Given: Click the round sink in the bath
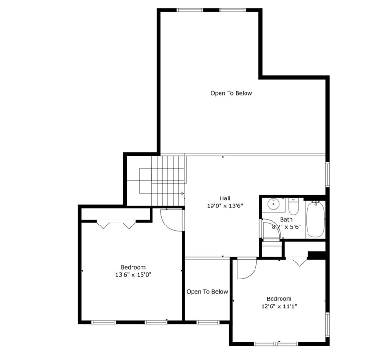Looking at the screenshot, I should (x=273, y=205).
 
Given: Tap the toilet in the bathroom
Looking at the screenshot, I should (x=293, y=207).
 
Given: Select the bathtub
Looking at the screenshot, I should (x=315, y=219).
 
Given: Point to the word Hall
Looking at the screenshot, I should (x=225, y=198).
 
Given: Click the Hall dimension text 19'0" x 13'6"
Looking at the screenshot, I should (x=225, y=206).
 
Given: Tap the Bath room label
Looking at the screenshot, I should (x=286, y=219).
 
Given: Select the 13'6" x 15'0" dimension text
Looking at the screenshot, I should (x=133, y=274).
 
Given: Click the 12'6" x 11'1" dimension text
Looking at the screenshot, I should (x=279, y=306).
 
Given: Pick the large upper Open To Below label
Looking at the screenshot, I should (x=231, y=93).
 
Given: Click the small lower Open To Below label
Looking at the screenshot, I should (x=207, y=292).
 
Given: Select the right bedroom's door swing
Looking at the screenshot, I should (x=246, y=268).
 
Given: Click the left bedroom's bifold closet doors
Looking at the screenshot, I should (x=116, y=225).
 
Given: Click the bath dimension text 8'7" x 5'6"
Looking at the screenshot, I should (x=286, y=227).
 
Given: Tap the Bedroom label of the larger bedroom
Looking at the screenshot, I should (x=133, y=267).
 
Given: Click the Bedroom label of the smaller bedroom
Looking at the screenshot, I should (x=279, y=299).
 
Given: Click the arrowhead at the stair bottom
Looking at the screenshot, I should (x=182, y=193).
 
